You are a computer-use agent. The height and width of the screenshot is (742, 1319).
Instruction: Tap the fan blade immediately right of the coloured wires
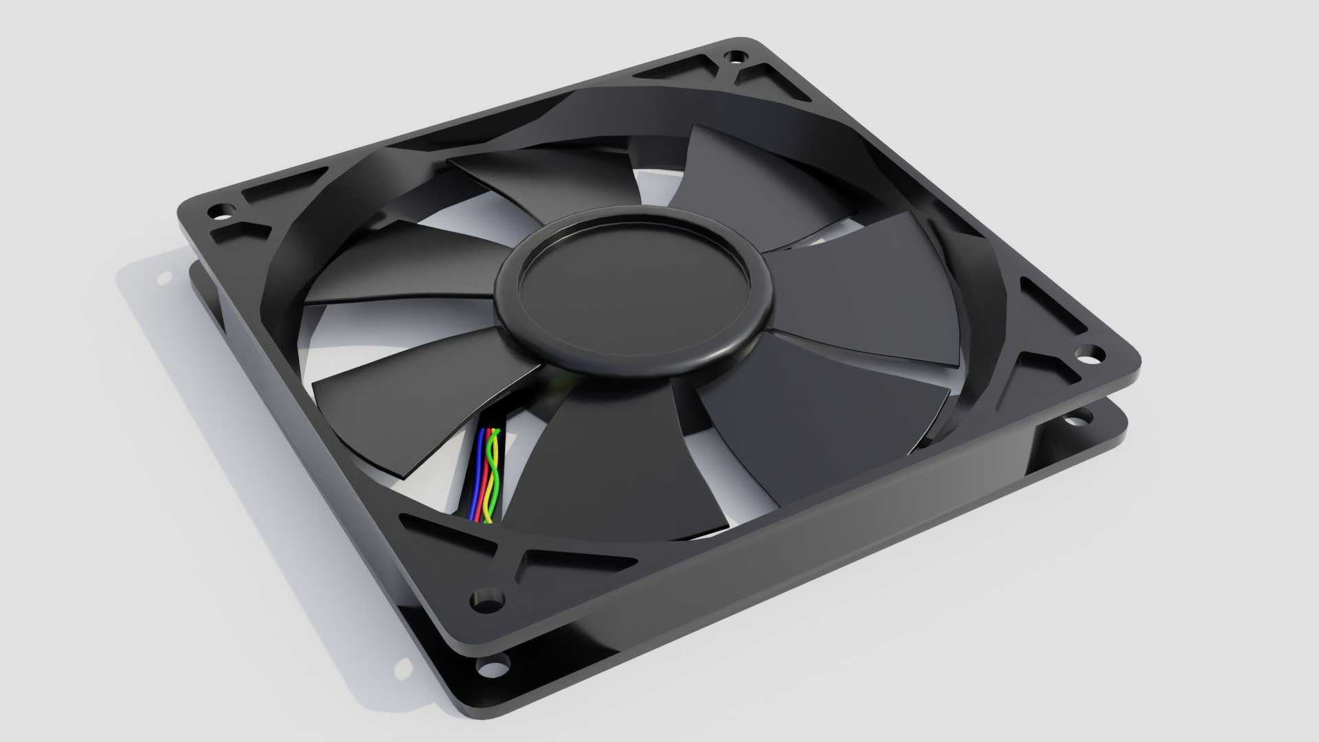[x=605, y=467]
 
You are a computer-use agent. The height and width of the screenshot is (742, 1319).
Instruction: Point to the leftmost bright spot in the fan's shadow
[x=165, y=278]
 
